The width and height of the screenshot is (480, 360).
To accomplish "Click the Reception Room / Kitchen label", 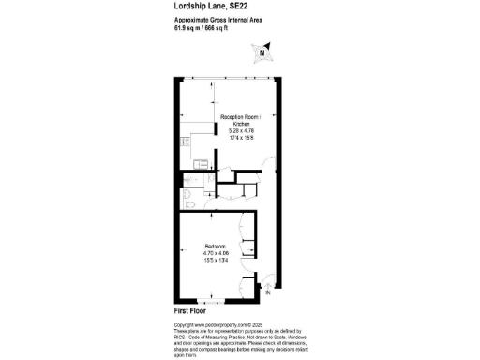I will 239,120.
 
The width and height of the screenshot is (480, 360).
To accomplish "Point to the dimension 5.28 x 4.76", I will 239,132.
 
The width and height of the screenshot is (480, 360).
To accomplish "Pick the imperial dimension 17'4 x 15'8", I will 239,139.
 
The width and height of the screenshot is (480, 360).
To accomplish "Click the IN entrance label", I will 267,293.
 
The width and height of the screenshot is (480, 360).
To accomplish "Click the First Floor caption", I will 193,310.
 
